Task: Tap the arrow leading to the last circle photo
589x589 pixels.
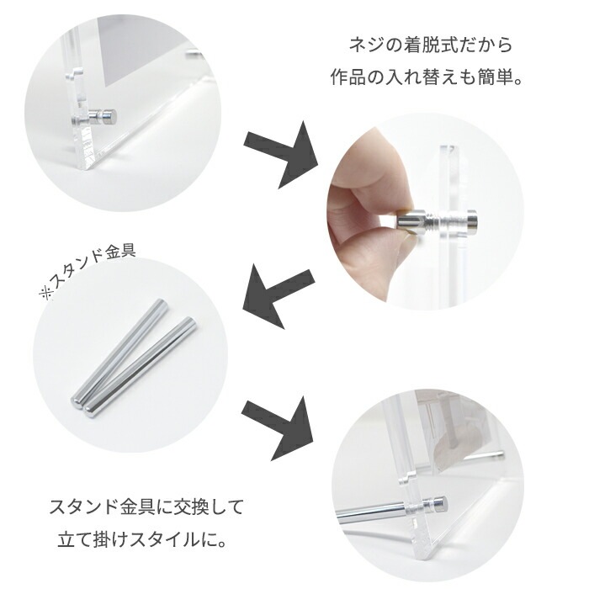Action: (x=278, y=424)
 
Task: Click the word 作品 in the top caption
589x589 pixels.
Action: (x=346, y=81)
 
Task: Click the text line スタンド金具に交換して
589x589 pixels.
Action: (x=146, y=507)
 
